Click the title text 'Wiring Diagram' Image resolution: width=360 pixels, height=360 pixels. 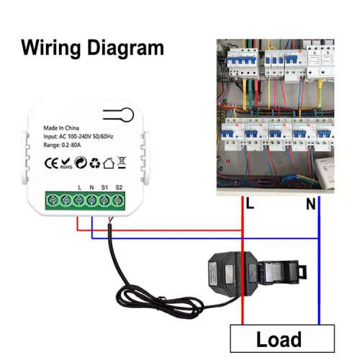(x=92, y=49)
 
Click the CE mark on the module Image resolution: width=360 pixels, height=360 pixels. (x=51, y=163)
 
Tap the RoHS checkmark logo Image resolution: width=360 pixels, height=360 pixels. (x=66, y=163)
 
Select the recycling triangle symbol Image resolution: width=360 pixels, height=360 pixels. (x=94, y=163)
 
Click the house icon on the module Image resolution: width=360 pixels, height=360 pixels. (x=108, y=163)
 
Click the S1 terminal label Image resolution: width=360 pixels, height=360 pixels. (x=104, y=189)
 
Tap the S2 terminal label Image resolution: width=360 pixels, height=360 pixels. (x=119, y=189)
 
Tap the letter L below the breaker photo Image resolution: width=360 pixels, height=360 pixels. (x=251, y=205)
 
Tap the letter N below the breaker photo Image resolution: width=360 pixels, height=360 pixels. (x=311, y=205)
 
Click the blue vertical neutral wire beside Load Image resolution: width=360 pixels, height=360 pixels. (x=318, y=288)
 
